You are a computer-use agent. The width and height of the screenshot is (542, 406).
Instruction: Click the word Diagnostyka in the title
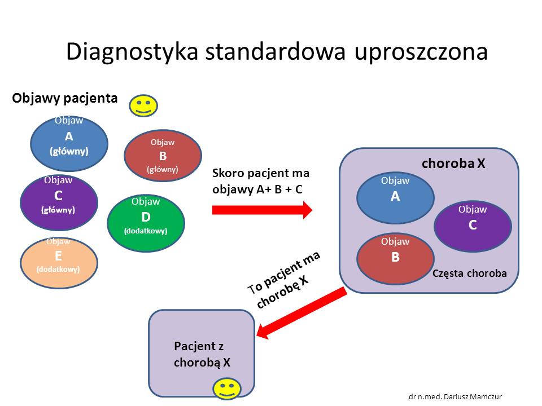point(132,52)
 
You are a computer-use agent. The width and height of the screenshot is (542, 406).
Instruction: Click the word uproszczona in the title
point(421,52)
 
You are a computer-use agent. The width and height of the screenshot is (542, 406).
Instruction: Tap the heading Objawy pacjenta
point(64,98)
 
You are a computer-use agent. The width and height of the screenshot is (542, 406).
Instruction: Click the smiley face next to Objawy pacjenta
point(143,105)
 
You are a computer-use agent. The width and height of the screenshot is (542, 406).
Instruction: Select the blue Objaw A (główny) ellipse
point(69,143)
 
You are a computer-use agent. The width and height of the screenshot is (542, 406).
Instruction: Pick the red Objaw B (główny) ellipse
point(163,156)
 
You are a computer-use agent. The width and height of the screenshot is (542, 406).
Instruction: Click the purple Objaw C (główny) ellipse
point(59,202)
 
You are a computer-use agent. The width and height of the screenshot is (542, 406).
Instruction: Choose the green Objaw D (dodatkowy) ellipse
point(146,223)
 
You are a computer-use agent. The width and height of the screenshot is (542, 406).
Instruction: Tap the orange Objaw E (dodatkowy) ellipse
point(59,262)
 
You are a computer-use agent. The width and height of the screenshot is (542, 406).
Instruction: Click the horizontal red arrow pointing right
point(262,210)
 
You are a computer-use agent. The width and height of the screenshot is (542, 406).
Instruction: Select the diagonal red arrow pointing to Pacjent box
point(301,312)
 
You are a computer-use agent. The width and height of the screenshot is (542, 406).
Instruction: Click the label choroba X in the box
point(453,164)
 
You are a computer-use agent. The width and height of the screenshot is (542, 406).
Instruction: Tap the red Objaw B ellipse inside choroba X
point(395,259)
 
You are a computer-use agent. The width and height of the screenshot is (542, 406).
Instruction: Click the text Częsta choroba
point(469,273)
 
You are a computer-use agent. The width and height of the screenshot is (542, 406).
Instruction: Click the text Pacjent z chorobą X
point(202,354)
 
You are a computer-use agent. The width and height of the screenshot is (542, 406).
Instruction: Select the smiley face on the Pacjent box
point(227,389)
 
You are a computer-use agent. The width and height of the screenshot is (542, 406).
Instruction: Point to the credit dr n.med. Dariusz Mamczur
point(455,396)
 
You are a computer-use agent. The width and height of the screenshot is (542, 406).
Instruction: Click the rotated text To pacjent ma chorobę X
point(284,280)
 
